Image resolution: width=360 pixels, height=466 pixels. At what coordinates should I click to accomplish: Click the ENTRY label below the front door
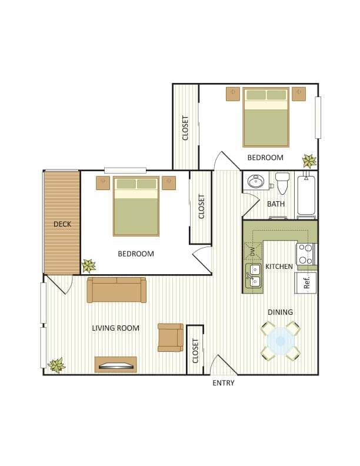pyautogui.click(x=223, y=383)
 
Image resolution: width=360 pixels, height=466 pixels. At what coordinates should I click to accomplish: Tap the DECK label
pyautogui.click(x=62, y=224)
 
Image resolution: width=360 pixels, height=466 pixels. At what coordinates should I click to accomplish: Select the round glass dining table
pyautogui.click(x=280, y=340)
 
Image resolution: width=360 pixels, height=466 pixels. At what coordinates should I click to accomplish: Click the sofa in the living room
pyautogui.click(x=116, y=290)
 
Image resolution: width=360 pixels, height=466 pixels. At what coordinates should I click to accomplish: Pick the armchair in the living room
pyautogui.click(x=170, y=337)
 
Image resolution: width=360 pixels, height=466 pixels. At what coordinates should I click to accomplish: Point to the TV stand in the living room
pyautogui.click(x=116, y=365)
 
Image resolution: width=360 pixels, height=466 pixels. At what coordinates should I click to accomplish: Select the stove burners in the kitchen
pyautogui.click(x=305, y=254)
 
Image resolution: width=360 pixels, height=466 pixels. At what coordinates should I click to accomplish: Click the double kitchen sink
pyautogui.click(x=254, y=275)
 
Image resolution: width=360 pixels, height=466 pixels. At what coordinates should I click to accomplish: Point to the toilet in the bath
pyautogui.click(x=283, y=183)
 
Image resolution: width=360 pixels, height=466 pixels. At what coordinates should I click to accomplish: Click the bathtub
pyautogui.click(x=307, y=195)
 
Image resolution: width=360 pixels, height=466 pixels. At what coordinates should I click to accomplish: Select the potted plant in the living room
pyautogui.click(x=56, y=365)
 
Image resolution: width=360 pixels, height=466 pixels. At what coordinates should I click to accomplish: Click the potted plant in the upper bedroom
pyautogui.click(x=309, y=160)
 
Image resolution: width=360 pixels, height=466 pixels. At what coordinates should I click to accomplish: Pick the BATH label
pyautogui.click(x=276, y=204)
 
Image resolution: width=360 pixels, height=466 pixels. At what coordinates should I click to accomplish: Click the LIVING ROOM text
pyautogui.click(x=116, y=328)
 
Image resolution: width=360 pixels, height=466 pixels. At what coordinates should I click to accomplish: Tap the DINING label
pyautogui.click(x=280, y=312)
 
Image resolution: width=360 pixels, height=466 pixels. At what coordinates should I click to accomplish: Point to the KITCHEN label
pyautogui.click(x=279, y=267)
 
